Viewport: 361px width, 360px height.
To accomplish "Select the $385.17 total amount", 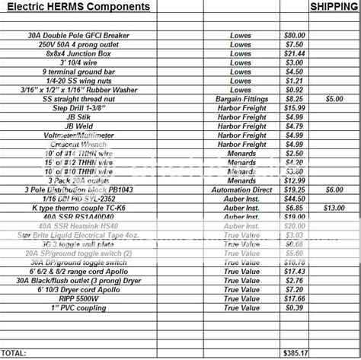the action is (294, 353).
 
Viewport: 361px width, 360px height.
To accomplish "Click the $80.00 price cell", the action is (294, 36).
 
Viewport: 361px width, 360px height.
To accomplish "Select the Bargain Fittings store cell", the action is (241, 99).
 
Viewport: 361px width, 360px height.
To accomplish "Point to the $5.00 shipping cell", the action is (334, 99).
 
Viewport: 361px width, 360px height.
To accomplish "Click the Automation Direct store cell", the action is (241, 189).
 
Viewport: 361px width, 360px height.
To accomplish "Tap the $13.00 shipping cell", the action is (334, 207).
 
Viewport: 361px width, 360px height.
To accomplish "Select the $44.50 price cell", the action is (294, 198).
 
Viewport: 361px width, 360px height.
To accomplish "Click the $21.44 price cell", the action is (294, 54).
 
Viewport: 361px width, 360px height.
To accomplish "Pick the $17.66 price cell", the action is (294, 298).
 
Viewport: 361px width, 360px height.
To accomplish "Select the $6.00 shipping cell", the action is (334, 189).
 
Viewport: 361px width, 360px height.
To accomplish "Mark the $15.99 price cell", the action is (294, 108).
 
